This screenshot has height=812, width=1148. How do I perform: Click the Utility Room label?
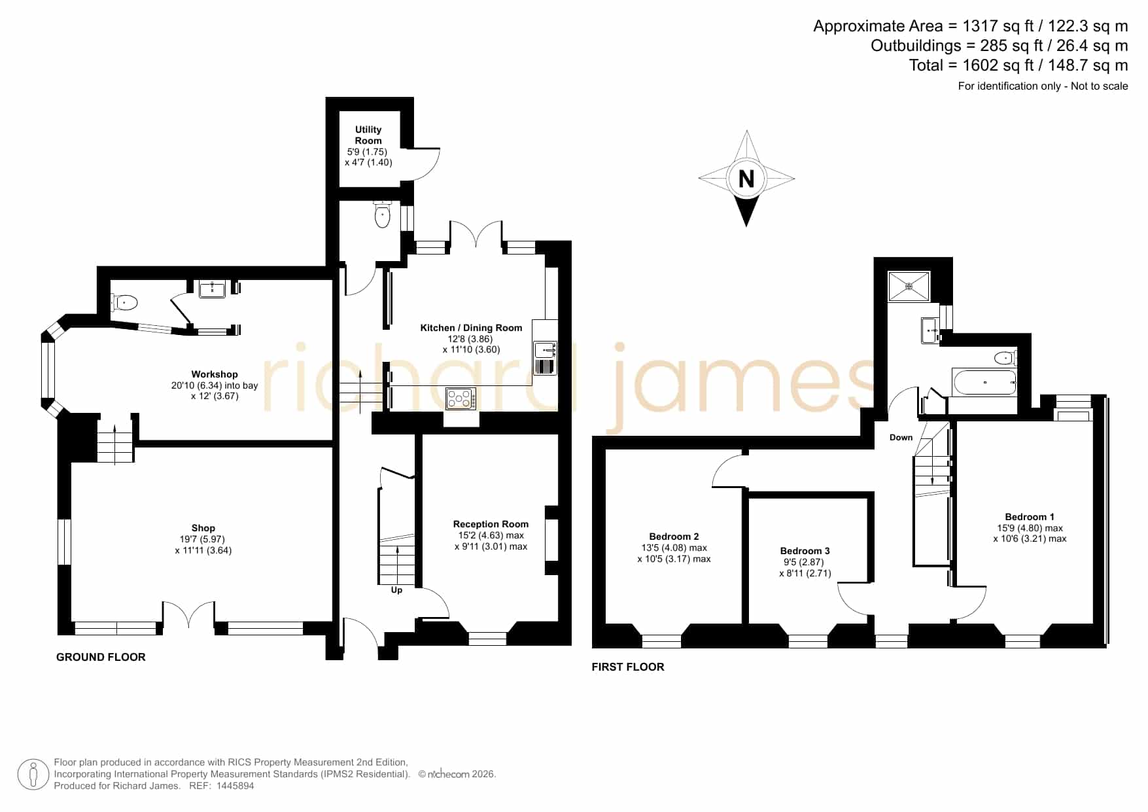tap(368, 135)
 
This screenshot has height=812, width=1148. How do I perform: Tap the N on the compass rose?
tap(746, 178)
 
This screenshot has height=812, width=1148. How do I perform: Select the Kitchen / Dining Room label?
tap(471, 328)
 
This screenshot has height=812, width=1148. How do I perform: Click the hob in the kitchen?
tap(461, 398)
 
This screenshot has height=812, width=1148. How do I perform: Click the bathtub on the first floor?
tap(984, 382)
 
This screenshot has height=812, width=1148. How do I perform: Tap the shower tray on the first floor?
tap(909, 286)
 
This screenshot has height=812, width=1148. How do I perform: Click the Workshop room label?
tap(215, 374)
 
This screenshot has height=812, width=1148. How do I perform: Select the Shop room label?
tap(203, 528)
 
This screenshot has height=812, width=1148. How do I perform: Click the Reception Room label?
tap(491, 524)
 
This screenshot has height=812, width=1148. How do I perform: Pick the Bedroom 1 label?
tap(1030, 517)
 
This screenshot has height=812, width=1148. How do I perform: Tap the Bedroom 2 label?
tap(674, 537)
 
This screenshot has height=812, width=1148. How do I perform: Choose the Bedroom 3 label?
tap(805, 551)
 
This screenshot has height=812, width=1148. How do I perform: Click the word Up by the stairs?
tap(396, 590)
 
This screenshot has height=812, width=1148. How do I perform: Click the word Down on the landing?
tap(901, 438)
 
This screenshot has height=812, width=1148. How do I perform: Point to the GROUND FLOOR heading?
tap(101, 657)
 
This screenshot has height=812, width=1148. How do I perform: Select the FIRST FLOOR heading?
tap(628, 667)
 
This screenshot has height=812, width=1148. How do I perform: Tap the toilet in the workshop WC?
tap(124, 302)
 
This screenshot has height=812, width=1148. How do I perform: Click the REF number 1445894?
tap(235, 786)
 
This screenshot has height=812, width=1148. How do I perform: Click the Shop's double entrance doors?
tap(188, 616)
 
